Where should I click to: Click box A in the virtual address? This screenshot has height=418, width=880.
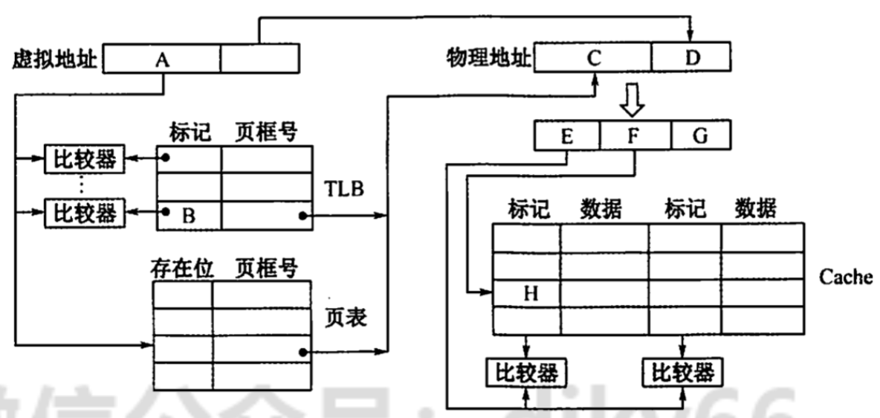[x=161, y=59]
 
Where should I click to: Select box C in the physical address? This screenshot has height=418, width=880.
[x=593, y=57]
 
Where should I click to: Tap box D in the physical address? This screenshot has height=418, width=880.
[x=691, y=57]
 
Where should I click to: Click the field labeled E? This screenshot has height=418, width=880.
[x=566, y=136]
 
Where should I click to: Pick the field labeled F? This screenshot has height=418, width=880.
[x=634, y=136]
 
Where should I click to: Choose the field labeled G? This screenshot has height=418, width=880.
[x=700, y=136]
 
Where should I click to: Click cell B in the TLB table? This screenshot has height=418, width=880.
[x=189, y=216]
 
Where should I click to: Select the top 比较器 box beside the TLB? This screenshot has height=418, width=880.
[x=84, y=158]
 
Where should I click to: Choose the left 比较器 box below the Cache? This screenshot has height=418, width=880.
[x=525, y=372]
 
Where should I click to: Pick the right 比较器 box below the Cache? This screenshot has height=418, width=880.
[x=682, y=372]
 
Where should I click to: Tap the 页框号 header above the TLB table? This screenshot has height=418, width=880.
[x=267, y=132]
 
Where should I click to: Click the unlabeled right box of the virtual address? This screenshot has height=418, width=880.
[x=259, y=59]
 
